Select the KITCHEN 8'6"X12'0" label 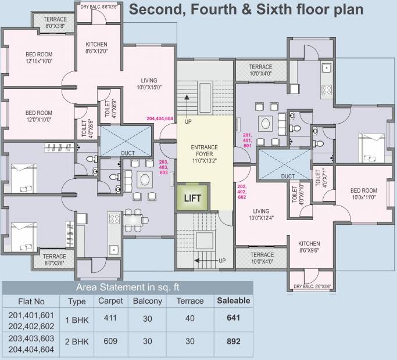pyautogui.click(x=96, y=48)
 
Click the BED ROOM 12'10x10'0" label pyautogui.click(x=39, y=57)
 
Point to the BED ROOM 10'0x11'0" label pyautogui.click(x=364, y=193)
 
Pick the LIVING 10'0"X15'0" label pyautogui.click(x=149, y=84)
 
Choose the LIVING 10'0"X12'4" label pyautogui.click(x=262, y=214)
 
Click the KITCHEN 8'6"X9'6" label pyautogui.click(x=309, y=247)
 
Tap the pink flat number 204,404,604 pyautogui.click(x=160, y=118)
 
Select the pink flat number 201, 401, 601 pyautogui.click(x=248, y=140)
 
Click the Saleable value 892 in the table pyautogui.click(x=234, y=341)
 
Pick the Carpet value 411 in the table pyautogui.click(x=110, y=318)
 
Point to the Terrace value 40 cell pyautogui.click(x=190, y=318)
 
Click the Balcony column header pyautogui.click(x=148, y=301)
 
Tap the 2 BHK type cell pyautogui.click(x=77, y=342)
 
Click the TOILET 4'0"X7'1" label pyautogui.click(x=321, y=178)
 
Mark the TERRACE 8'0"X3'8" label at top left pyautogui.click(x=55, y=23)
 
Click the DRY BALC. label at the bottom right pyautogui.click(x=312, y=287)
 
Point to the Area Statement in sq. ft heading pyautogui.click(x=128, y=287)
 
